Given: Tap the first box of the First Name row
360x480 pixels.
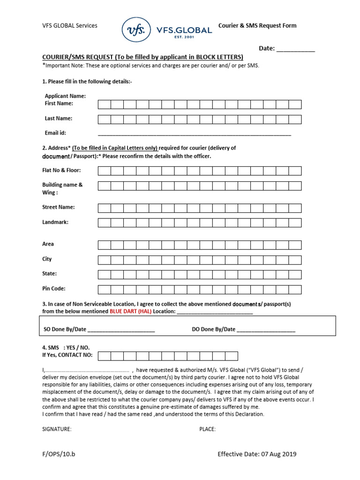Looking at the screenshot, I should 104,104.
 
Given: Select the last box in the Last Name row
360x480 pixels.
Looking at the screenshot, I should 295,119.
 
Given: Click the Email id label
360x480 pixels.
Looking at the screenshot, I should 55,133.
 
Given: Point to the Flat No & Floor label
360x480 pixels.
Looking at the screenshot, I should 61,170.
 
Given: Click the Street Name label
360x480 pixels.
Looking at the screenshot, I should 59,207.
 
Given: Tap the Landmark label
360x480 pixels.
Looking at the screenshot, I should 55,222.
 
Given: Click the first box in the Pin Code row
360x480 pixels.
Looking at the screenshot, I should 104,289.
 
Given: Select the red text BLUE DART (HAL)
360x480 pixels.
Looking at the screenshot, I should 131,311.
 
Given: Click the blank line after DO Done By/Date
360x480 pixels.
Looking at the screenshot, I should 266,330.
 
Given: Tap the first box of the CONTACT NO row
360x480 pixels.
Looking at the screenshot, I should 104,356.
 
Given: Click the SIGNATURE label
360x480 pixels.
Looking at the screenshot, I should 57,429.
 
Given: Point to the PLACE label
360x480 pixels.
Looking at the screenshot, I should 207,429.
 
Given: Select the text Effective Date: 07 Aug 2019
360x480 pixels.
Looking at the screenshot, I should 257,454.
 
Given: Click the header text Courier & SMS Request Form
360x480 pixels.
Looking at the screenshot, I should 257,26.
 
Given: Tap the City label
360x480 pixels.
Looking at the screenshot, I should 47,259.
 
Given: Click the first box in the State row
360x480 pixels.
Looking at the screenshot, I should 104,274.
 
